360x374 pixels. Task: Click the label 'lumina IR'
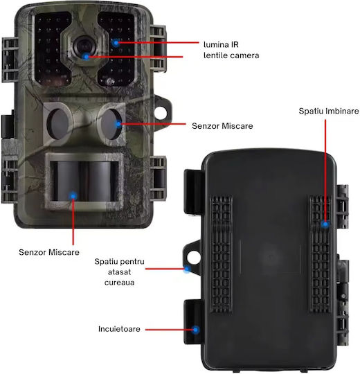point(221,44)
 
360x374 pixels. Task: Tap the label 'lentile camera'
point(231,55)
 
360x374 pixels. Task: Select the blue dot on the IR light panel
point(116,43)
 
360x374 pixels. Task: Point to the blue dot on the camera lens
point(86,57)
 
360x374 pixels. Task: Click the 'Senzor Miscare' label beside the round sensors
point(222,126)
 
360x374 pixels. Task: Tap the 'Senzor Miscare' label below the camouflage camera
point(49,252)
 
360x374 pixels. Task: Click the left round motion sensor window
point(59,123)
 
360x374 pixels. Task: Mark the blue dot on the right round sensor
point(118,124)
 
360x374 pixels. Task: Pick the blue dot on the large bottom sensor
point(73,196)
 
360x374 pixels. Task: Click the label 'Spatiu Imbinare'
point(329,111)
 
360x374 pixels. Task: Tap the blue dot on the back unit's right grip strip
point(325,224)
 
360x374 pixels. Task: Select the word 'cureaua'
point(120,283)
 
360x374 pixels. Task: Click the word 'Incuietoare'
point(119,329)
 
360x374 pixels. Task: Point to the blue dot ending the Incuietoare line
point(196,330)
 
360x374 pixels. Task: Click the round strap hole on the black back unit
point(194,258)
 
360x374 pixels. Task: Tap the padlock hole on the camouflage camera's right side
point(161,112)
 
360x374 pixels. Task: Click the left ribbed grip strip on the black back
point(222,254)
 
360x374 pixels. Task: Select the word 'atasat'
point(120,272)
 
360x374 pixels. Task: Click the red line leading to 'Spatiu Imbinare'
point(325,171)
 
